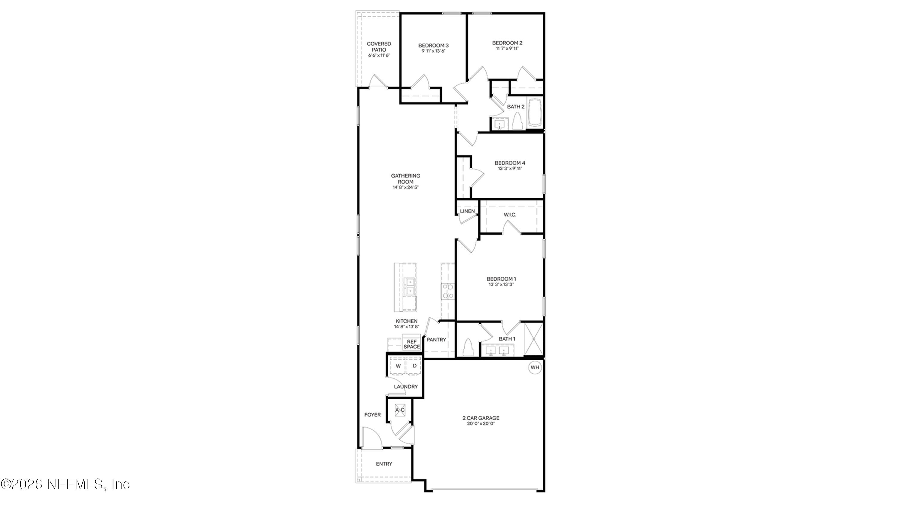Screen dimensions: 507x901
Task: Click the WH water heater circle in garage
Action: tap(535, 367)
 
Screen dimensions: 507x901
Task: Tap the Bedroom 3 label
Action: tap(433, 45)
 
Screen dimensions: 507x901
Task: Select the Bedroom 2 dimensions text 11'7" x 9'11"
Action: tap(507, 49)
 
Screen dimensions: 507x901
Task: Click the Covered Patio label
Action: tap(379, 47)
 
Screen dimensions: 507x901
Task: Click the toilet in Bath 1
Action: tap(468, 348)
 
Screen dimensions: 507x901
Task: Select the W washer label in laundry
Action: tap(398, 366)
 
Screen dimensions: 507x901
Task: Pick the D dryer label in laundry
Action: tap(414, 366)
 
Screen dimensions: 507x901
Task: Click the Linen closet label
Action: tap(467, 211)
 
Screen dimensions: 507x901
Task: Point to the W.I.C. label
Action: tap(510, 215)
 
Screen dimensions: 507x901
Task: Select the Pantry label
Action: tap(436, 339)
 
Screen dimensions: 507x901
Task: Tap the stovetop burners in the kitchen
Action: tap(448, 292)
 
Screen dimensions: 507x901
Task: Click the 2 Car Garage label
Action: tap(481, 418)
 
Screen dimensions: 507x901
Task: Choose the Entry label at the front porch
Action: tap(384, 464)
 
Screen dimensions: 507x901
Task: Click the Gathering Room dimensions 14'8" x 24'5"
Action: tap(405, 187)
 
